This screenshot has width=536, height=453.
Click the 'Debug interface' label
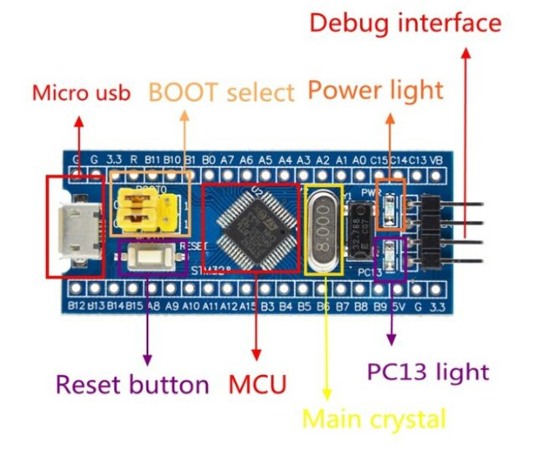point(405,23)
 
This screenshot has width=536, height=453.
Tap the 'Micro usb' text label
point(81,92)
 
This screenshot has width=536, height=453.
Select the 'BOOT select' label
point(222,91)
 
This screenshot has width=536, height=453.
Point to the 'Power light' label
point(375,91)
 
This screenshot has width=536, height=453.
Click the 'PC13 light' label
point(428,370)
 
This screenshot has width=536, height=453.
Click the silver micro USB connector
point(75,226)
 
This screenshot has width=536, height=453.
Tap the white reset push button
point(152,258)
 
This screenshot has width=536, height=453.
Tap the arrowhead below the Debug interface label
point(466,52)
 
